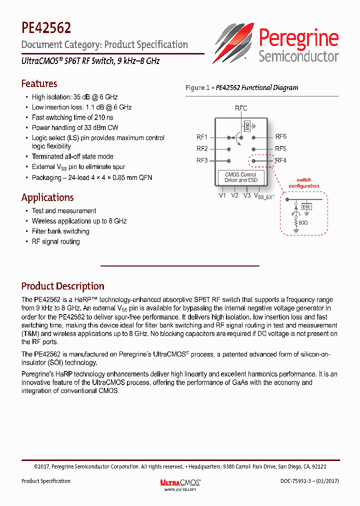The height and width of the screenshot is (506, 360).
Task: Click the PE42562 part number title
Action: (x=46, y=27)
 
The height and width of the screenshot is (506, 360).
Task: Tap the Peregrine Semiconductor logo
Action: (x=277, y=43)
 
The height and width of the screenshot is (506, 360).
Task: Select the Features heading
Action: (x=39, y=83)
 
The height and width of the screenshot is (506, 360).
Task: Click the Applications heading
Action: (x=47, y=197)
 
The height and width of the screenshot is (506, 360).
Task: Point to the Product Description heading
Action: (x=62, y=286)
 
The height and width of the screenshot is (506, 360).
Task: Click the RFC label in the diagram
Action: (x=241, y=108)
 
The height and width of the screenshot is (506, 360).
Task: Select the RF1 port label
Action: (x=202, y=136)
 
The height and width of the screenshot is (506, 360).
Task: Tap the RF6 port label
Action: (x=281, y=136)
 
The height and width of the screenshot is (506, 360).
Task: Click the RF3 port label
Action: (x=202, y=160)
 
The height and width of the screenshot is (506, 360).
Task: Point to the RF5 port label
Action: (x=281, y=148)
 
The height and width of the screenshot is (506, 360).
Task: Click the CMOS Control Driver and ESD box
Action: (x=241, y=177)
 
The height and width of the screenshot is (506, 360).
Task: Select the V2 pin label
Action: (x=234, y=196)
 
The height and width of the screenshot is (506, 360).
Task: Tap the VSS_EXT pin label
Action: (x=264, y=196)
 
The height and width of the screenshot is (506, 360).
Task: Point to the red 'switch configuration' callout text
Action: (x=303, y=183)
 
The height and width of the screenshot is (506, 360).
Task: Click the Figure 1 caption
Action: (x=241, y=87)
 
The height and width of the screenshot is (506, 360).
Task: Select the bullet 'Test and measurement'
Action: (x=64, y=211)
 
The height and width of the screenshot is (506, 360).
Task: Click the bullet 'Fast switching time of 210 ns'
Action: (x=73, y=117)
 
